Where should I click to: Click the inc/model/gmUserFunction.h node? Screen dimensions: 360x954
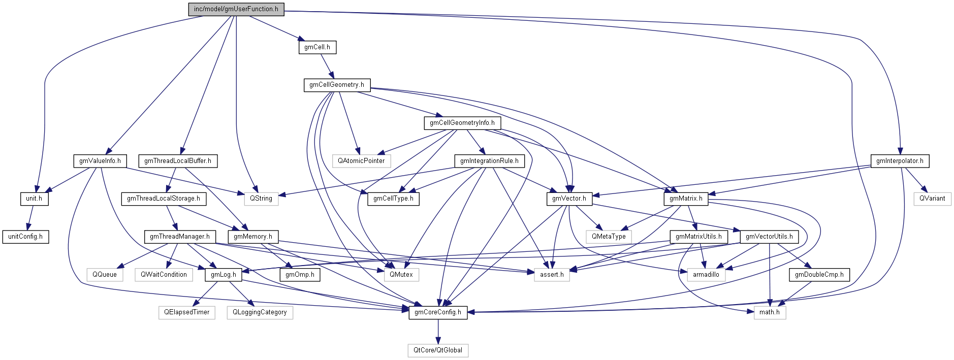coord(236,9)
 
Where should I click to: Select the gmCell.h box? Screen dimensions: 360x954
coord(317,47)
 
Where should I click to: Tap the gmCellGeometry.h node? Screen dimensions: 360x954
coord(336,85)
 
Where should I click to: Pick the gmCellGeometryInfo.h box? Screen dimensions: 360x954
coord(462,123)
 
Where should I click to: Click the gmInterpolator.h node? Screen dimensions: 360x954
coord(900,161)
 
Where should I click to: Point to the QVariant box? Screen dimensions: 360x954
coord(932,199)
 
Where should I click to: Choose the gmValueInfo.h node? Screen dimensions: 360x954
coord(100,161)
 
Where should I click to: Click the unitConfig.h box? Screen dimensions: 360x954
coord(25,237)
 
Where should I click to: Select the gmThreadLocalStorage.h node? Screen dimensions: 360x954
coord(163,199)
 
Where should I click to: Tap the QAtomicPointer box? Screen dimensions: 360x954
coord(361,161)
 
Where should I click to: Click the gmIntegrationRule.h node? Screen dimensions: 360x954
coord(489,161)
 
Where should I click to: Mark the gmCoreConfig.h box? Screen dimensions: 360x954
coord(437,312)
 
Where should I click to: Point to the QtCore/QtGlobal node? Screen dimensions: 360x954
coord(437,350)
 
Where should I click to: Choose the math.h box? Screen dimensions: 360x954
coord(769,312)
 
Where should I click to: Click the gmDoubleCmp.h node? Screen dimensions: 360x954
coord(819,275)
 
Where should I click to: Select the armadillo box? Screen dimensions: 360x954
coord(706,275)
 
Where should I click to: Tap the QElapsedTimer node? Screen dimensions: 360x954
coord(186,312)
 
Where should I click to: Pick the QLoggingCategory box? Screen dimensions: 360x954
coord(260,312)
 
